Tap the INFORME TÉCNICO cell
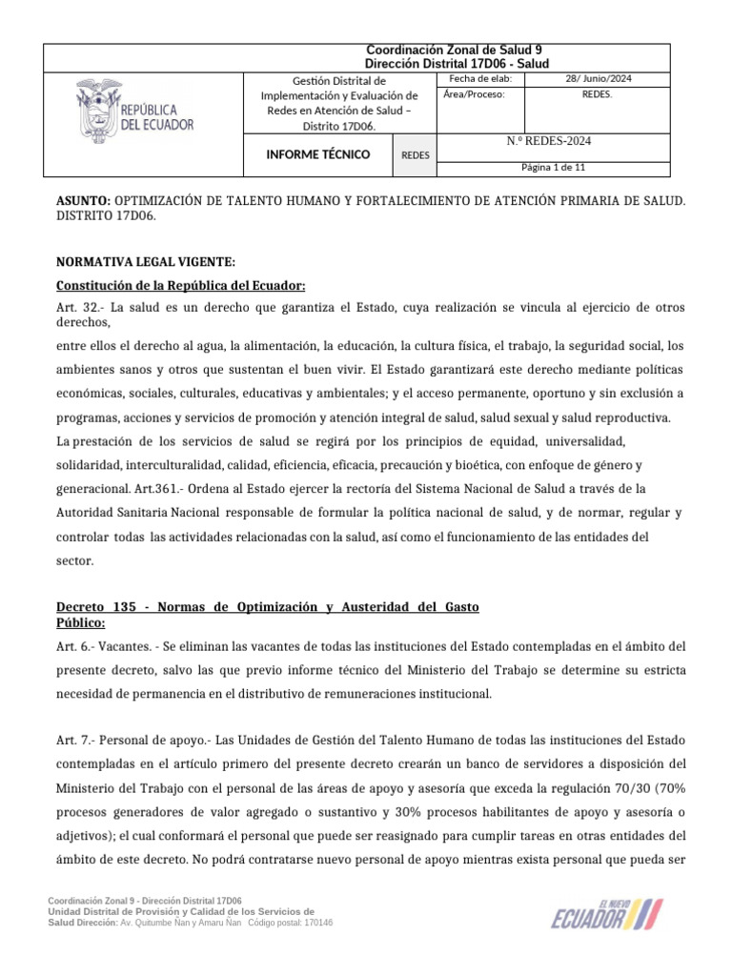318,154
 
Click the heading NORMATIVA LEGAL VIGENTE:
144,262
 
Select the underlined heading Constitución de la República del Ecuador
181,286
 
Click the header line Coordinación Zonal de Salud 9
455,50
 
